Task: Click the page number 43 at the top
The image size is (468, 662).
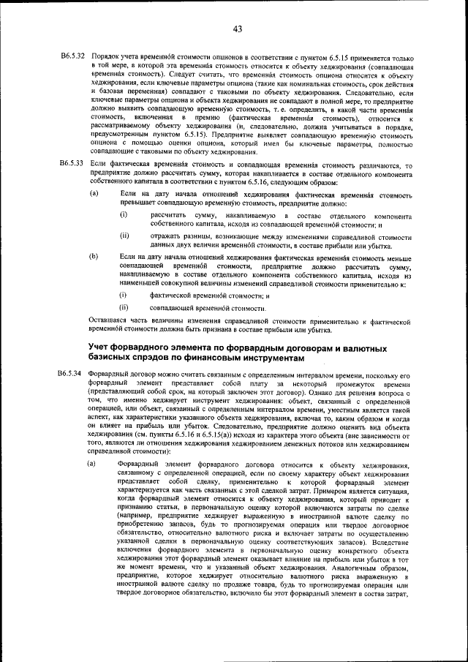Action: coord(237,29)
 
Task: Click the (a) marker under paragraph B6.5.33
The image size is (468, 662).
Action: coord(94,194)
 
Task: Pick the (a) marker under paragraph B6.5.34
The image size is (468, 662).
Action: coord(94,464)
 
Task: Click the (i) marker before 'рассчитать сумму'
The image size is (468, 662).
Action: coord(124,214)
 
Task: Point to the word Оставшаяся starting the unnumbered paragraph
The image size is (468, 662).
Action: coord(110,320)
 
